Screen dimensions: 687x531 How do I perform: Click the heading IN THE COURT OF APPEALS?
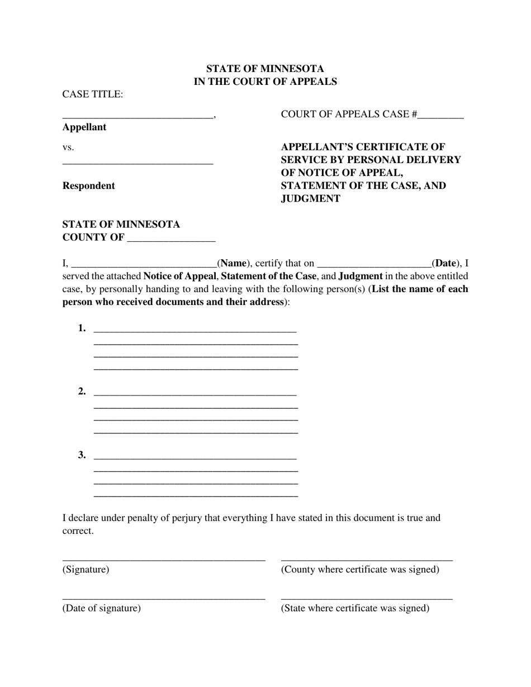click(265, 82)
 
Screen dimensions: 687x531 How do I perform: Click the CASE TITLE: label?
click(92, 94)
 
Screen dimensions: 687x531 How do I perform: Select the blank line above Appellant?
click(138, 116)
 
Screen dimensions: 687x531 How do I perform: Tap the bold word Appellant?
click(84, 127)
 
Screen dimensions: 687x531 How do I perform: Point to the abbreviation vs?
click(68, 147)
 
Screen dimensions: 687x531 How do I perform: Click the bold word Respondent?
click(88, 186)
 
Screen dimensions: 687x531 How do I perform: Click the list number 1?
click(82, 328)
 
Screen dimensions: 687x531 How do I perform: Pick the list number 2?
click(82, 392)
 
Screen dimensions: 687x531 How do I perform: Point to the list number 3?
click(82, 455)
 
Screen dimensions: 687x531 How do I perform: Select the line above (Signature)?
click(163, 559)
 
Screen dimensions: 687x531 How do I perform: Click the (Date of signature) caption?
click(101, 608)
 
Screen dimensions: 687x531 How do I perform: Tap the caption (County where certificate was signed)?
click(360, 570)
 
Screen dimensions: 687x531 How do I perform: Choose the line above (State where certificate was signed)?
click(366, 598)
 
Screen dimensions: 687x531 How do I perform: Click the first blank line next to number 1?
click(195, 331)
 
